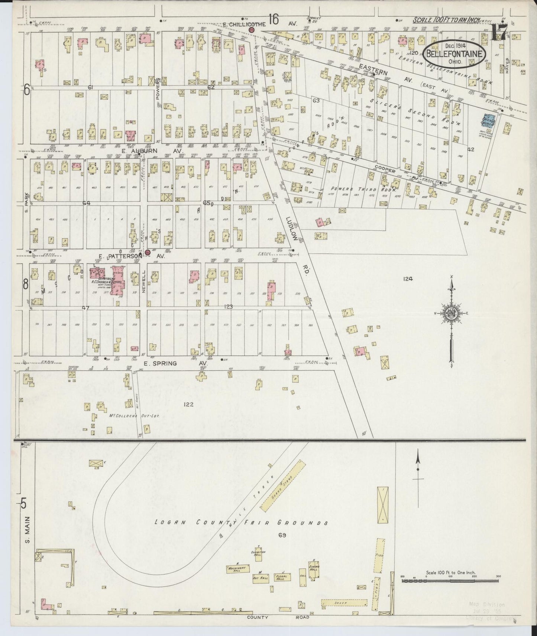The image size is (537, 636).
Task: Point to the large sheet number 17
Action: (x=497, y=33)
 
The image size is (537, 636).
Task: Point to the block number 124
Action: (x=408, y=279)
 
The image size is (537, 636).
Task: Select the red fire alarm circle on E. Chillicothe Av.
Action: (x=251, y=29)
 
